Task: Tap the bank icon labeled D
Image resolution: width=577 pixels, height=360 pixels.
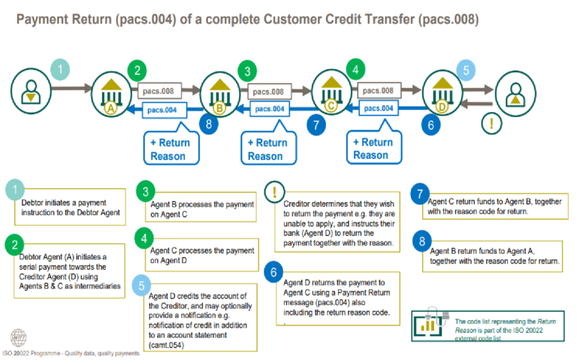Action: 440,97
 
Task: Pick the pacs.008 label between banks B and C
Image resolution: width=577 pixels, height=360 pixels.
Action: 268,92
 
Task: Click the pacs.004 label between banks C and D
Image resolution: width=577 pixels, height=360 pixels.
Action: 378,109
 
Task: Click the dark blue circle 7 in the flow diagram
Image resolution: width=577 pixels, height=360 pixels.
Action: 317,126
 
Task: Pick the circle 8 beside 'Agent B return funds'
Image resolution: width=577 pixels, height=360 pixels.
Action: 421,242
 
